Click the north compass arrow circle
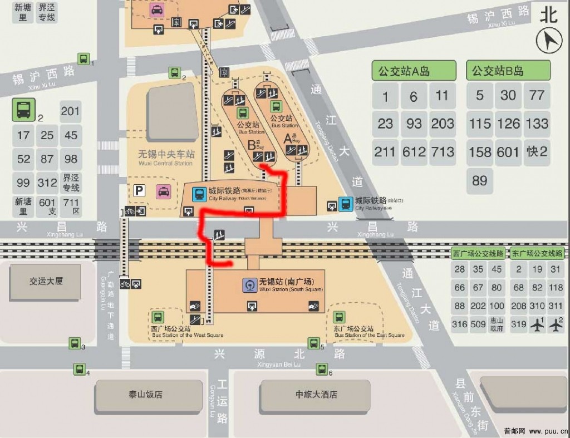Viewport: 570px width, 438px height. click(x=549, y=41)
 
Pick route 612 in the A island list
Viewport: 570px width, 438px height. click(x=414, y=151)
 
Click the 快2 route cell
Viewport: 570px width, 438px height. click(x=537, y=151)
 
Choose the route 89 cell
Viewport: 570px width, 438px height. click(x=480, y=180)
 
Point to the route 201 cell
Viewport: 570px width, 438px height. click(x=70, y=111)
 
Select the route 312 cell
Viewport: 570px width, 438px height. click(x=47, y=183)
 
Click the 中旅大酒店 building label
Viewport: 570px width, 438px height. click(x=316, y=395)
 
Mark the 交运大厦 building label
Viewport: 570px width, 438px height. click(x=46, y=281)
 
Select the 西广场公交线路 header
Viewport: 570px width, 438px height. click(x=478, y=253)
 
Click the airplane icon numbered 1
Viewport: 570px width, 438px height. click(x=537, y=324)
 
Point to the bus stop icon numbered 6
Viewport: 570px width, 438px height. click(x=322, y=368)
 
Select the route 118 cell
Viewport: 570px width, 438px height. click(x=556, y=287)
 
